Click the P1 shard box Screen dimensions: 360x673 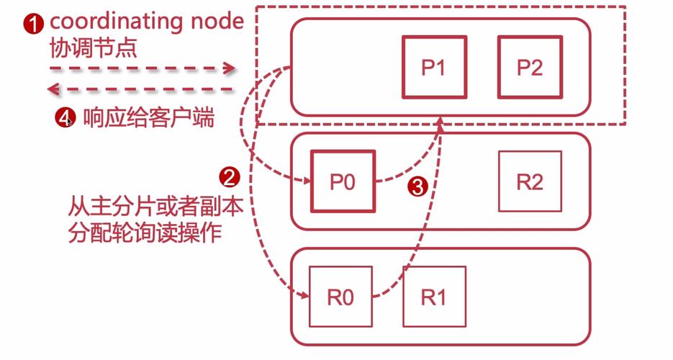pyautogui.click(x=433, y=67)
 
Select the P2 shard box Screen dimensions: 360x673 pyautogui.click(x=529, y=67)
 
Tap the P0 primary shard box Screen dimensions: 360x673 pyautogui.click(x=343, y=181)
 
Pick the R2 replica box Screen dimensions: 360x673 pyautogui.click(x=529, y=181)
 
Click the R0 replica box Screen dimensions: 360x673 pyautogui.click(x=340, y=297)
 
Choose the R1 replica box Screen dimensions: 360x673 pyautogui.click(x=433, y=297)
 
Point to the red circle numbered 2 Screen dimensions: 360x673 pyautogui.click(x=229, y=176)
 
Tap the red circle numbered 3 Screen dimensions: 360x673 pyautogui.click(x=417, y=186)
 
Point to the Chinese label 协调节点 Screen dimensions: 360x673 pyautogui.click(x=93, y=48)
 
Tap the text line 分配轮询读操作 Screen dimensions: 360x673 pyautogui.click(x=145, y=235)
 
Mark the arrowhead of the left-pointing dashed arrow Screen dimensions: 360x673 pyautogui.click(x=53, y=89)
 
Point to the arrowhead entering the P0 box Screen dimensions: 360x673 pyautogui.click(x=305, y=181)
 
